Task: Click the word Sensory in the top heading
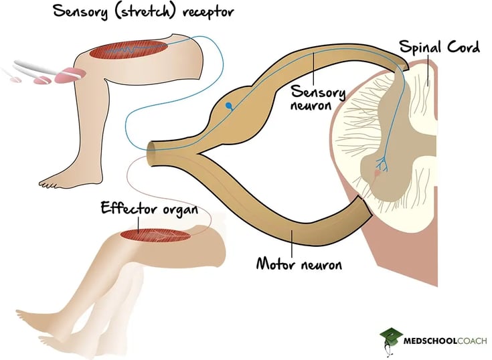tap(82, 13)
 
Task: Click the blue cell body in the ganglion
tap(229, 106)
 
